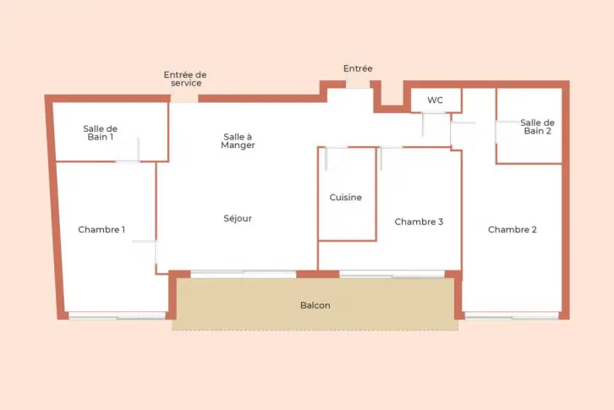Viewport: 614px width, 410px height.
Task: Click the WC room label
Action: point(435,101)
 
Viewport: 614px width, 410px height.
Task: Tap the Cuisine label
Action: point(345,197)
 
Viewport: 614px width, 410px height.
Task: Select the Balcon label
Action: point(315,305)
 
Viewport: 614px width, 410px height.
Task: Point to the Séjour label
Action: point(238,218)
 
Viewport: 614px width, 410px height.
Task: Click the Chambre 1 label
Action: point(101,229)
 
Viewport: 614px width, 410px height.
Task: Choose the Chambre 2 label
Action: point(513,229)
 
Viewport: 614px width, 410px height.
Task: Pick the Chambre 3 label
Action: point(419,221)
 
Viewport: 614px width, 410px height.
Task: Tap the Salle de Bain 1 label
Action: point(101,133)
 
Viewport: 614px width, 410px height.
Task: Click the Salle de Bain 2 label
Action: point(537,127)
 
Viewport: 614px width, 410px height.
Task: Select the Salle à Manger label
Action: point(238,141)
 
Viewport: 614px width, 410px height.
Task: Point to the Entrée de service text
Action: point(185,79)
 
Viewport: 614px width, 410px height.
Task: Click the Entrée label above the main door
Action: point(358,68)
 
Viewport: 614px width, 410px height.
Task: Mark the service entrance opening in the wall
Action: point(184,98)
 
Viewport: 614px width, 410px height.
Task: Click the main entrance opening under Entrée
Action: point(358,85)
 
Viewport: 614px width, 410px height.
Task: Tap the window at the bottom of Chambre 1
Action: point(118,315)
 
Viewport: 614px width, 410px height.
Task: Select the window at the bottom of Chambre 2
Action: point(512,315)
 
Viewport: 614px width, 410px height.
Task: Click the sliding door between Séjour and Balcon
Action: point(244,274)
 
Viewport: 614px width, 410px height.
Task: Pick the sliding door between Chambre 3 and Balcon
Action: point(392,274)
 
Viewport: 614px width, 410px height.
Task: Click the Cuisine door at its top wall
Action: point(336,148)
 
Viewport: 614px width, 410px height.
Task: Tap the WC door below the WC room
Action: point(434,113)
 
